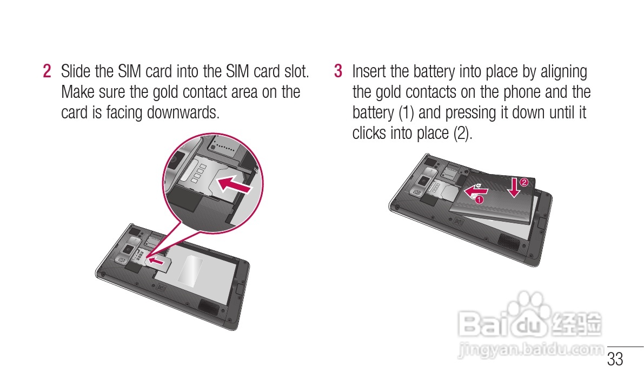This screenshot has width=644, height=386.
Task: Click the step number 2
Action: point(48,71)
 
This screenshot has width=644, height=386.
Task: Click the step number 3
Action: point(338,71)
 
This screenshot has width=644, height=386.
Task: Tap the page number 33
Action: point(615,359)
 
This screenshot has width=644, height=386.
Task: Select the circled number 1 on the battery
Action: point(479,199)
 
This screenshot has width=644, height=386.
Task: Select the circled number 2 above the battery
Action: point(523,182)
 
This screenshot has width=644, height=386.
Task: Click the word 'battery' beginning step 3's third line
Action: point(373,113)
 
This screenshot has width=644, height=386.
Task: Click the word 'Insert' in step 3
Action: point(370,71)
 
